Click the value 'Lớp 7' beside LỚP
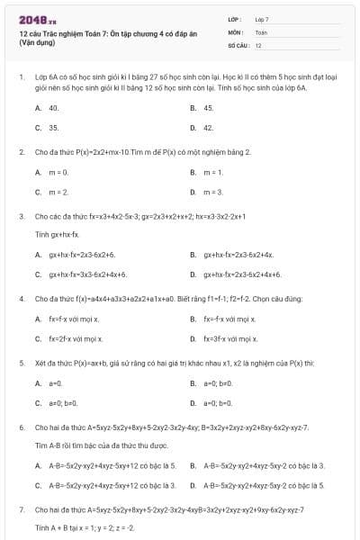tap(262, 19)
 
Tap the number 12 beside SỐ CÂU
tap(258, 44)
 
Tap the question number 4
tap(22, 298)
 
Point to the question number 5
tap(22, 363)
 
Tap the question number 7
tap(22, 509)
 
